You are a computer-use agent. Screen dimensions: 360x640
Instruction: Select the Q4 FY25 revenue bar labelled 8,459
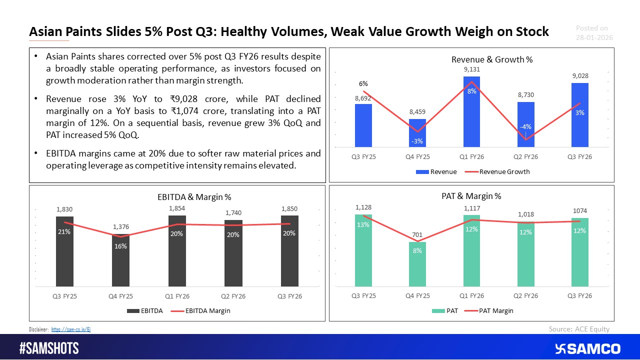point(417,133)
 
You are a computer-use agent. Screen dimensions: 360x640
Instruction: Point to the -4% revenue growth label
point(525,127)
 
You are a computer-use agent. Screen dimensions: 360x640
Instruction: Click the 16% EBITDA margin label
point(120,246)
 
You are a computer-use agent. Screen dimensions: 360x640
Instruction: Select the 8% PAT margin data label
point(417,251)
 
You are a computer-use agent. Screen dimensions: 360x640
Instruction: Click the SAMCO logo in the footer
point(587,348)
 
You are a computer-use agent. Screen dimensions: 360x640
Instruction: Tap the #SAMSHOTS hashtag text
point(48,348)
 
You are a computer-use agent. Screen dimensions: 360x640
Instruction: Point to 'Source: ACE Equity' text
point(579,328)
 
